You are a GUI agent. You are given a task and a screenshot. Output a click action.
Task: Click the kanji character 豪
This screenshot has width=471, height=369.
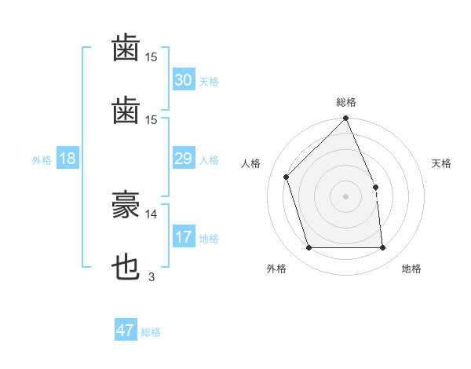(126, 206)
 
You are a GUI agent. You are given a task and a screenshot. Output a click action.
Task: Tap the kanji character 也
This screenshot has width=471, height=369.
(126, 268)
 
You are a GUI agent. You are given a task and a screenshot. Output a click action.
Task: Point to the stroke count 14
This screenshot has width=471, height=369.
(152, 214)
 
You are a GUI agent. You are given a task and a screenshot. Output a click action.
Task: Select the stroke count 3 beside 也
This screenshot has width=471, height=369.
(151, 276)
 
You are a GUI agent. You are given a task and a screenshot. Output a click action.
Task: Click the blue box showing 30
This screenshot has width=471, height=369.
(183, 80)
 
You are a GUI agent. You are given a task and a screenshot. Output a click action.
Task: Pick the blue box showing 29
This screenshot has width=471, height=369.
(183, 159)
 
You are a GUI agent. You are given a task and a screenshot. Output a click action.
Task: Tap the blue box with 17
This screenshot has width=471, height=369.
(183, 237)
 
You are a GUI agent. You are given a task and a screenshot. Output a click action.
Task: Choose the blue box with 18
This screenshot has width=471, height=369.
(68, 159)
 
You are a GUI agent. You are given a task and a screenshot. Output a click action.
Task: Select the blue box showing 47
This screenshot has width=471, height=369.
(126, 331)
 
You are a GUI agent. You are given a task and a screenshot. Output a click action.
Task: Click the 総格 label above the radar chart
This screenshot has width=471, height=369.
(346, 102)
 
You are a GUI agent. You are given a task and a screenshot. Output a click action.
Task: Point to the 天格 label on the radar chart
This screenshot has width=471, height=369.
(441, 163)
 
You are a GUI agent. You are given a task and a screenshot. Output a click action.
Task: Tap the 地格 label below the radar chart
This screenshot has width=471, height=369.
(411, 269)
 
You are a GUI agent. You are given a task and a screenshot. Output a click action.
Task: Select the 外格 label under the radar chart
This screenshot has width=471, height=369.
(276, 269)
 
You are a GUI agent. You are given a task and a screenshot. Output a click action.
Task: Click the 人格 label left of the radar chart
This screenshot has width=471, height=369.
(251, 163)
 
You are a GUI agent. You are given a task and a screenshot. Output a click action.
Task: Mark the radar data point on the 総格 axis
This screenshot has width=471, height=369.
(346, 119)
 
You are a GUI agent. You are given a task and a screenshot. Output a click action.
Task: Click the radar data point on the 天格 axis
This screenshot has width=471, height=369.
(375, 187)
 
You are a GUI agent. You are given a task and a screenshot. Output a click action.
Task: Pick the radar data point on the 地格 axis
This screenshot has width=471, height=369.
(382, 248)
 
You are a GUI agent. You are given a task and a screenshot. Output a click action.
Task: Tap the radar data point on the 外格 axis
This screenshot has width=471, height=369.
(309, 248)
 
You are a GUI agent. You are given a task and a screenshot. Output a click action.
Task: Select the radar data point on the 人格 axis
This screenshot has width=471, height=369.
(287, 177)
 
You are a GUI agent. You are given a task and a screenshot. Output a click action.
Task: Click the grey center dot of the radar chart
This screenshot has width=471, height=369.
(346, 196)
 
